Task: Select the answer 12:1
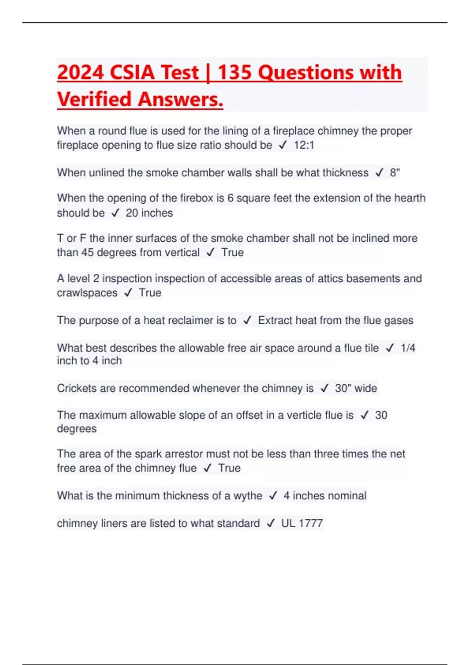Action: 304,145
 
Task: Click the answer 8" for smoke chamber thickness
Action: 395,173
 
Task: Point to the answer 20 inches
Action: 149,213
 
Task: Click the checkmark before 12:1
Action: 283,146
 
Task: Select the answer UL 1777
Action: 302,523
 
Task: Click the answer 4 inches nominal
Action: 325,496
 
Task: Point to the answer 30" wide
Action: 356,388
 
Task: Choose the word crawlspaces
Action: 87,293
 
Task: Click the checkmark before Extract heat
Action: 247,321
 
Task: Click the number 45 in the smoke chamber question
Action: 87,253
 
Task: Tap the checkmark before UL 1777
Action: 270,524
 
